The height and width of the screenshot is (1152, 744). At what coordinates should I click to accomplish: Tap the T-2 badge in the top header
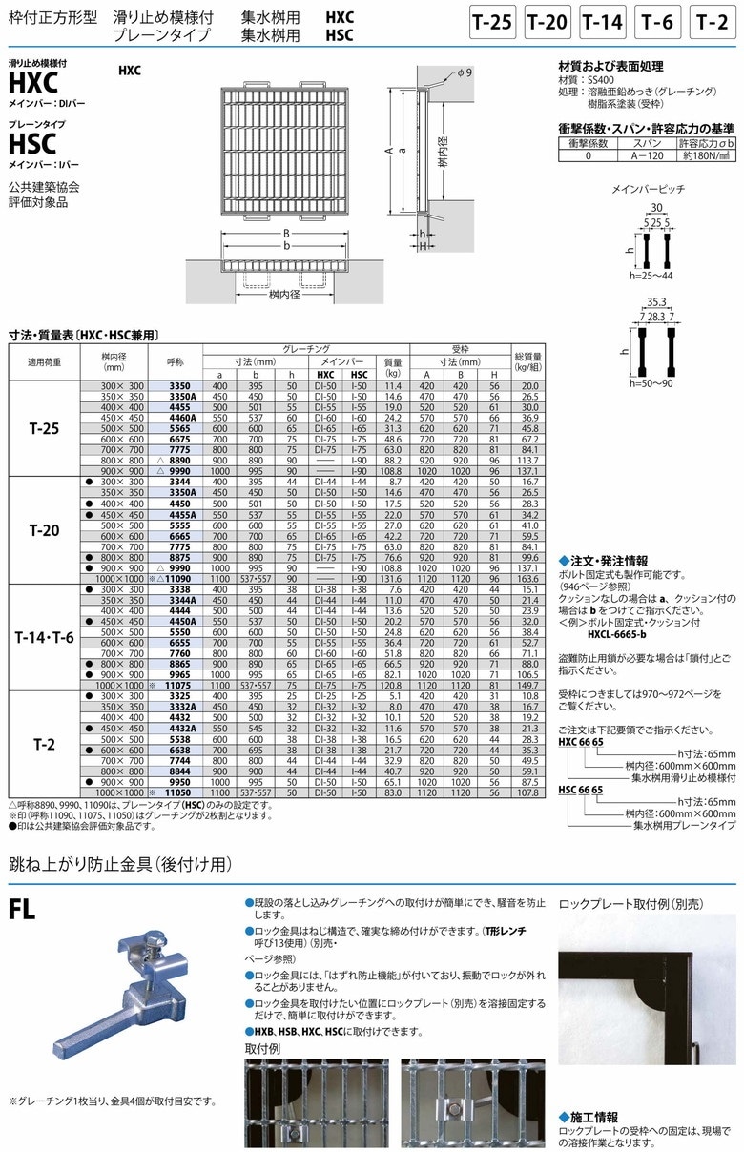pyautogui.click(x=715, y=23)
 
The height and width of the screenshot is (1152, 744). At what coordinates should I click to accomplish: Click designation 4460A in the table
pyautogui.click(x=182, y=418)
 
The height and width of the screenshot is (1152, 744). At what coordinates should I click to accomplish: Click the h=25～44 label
pyautogui.click(x=654, y=275)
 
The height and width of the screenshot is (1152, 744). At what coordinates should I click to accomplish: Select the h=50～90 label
pyautogui.click(x=654, y=382)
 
